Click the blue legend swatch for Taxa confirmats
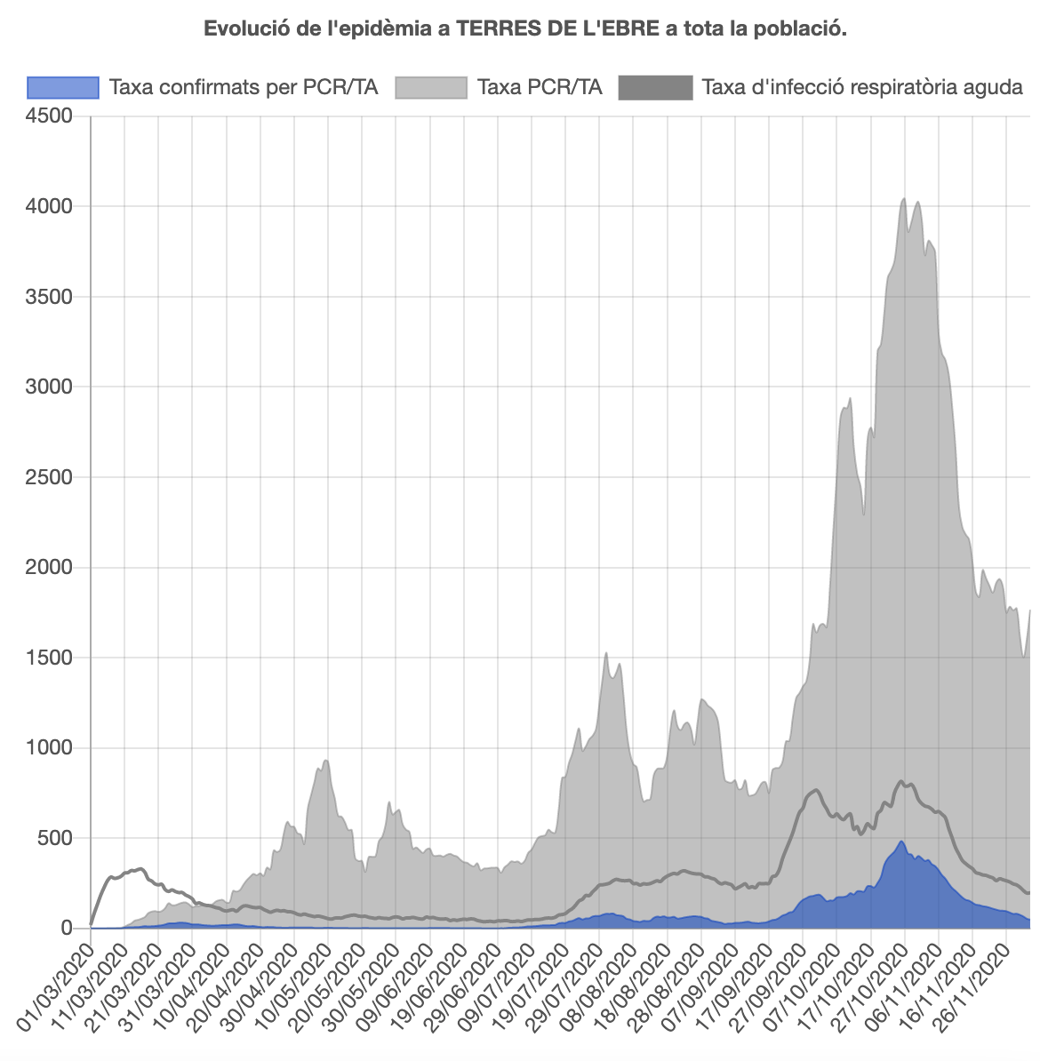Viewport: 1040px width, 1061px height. [62, 87]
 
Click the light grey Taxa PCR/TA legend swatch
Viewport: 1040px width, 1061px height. [430, 87]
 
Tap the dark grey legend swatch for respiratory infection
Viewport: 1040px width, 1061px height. [655, 87]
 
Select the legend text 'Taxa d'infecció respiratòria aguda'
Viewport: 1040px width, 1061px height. [862, 87]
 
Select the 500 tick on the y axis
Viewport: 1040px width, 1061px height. [59, 838]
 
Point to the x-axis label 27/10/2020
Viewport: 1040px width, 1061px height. [869, 977]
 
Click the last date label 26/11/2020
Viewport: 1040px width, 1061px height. [971, 977]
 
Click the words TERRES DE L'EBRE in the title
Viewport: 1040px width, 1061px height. [557, 28]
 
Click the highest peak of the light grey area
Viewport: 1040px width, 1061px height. [903, 199]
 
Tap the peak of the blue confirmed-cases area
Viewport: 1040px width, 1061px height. [901, 842]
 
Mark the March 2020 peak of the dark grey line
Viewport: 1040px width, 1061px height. [140, 868]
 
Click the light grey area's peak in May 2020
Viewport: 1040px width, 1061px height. [326, 761]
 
